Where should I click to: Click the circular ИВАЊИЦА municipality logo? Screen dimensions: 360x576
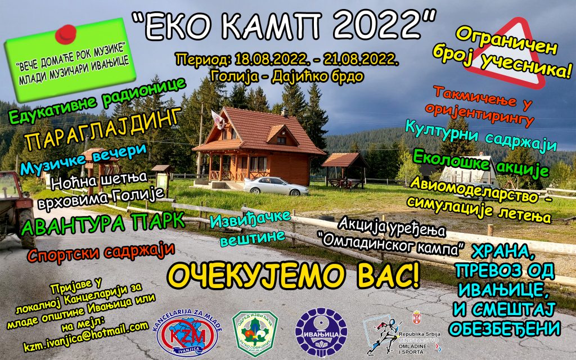tap(321, 332)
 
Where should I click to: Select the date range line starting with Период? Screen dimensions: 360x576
tap(287, 59)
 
